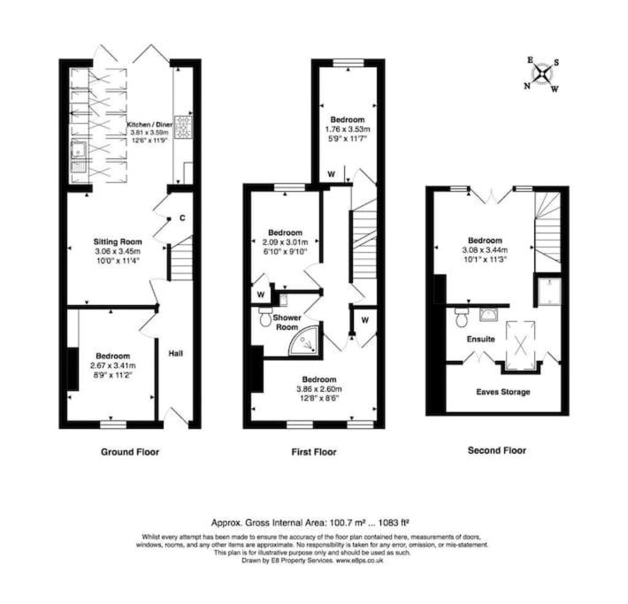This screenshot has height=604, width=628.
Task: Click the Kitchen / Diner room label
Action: [x=149, y=125]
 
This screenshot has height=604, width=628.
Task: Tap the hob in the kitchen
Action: [x=184, y=127]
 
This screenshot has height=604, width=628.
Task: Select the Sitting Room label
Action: [x=118, y=241]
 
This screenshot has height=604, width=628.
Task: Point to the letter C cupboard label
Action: [x=182, y=218]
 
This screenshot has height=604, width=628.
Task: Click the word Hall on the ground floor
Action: [x=176, y=353]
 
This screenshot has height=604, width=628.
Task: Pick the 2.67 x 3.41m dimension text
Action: [x=113, y=365]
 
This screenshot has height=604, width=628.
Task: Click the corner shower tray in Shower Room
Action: [x=304, y=340]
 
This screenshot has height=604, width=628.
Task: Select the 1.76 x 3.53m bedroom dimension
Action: [x=348, y=129]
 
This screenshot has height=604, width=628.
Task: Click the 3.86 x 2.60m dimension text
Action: [x=319, y=389]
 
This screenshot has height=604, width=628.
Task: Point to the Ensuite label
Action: [x=480, y=340]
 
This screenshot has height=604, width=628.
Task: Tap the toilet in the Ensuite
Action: [x=462, y=317]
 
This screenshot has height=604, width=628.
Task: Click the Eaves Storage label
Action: [x=503, y=392]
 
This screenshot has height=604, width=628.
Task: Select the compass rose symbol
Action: [x=542, y=74]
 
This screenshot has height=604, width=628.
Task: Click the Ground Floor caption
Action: [x=130, y=452]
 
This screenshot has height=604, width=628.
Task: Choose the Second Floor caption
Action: [x=497, y=451]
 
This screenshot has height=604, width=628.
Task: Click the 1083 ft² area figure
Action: [x=394, y=523]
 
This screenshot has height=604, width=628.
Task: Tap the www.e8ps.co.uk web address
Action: [x=359, y=561]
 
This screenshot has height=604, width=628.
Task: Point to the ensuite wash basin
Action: [x=487, y=315]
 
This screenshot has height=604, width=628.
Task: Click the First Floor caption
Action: [x=314, y=452]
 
